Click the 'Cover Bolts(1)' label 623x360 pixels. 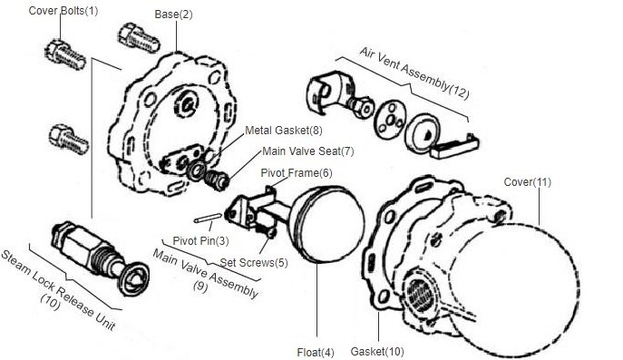coord(63,10)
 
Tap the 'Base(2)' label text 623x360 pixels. coord(173,15)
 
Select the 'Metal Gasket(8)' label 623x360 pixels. coord(284,131)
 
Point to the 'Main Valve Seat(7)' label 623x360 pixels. coord(308,151)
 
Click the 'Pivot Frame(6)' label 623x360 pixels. coord(297,173)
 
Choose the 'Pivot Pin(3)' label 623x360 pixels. coord(200,241)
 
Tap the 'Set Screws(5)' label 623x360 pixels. coord(254,263)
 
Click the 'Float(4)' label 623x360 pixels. coord(316,353)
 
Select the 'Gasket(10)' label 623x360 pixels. coord(377,352)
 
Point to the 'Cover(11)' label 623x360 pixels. coord(528,182)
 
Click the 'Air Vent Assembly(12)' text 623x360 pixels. coord(414,73)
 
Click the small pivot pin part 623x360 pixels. coord(208,218)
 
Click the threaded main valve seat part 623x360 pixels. coord(218,180)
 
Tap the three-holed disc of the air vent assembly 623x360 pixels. coord(390,119)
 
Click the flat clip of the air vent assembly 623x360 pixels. coord(454,146)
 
